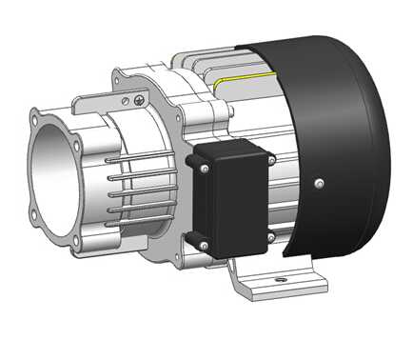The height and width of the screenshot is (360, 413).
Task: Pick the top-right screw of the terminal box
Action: point(271,160)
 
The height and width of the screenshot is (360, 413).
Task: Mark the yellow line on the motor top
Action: point(243,76)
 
